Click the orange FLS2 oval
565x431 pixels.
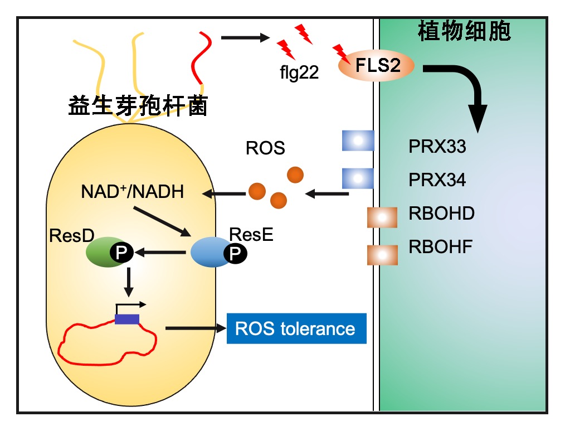[377, 66]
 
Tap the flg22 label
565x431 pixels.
[299, 72]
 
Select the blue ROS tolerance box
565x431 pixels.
[296, 328]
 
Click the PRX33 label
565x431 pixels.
[437, 148]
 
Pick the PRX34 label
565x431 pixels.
[437, 180]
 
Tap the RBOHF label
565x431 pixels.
[440, 246]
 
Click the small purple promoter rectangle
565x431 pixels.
[127, 319]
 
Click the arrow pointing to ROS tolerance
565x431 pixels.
[195, 328]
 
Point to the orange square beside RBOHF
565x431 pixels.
[382, 254]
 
